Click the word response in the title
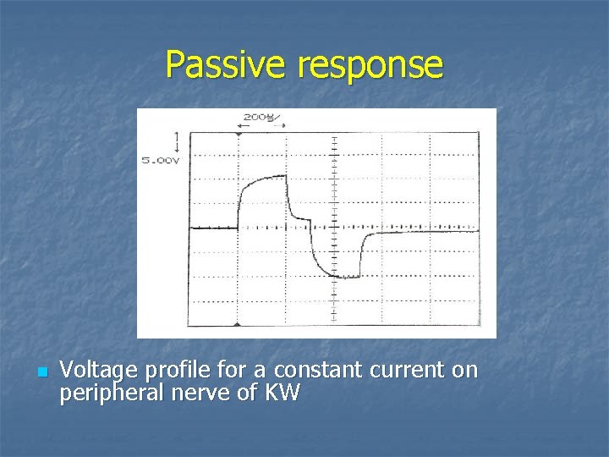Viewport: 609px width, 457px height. tap(370, 65)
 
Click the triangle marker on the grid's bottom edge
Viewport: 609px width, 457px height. tap(239, 324)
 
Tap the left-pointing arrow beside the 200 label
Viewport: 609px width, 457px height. tap(240, 124)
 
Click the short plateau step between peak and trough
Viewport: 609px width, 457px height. tap(300, 218)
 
